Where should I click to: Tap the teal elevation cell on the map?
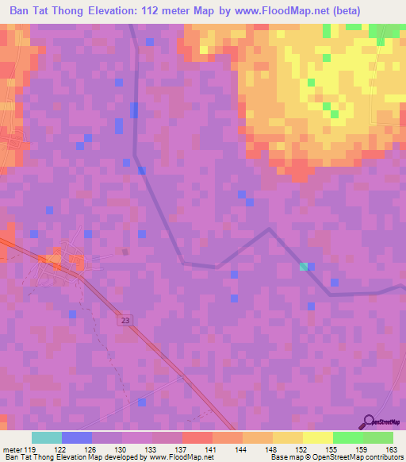click(303, 267)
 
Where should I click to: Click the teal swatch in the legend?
click(47, 437)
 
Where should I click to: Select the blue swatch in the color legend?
click(77, 437)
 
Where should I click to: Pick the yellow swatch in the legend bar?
click(317, 437)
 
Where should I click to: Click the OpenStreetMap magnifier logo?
click(368, 421)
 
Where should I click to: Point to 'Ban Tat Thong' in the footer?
click(26, 457)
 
